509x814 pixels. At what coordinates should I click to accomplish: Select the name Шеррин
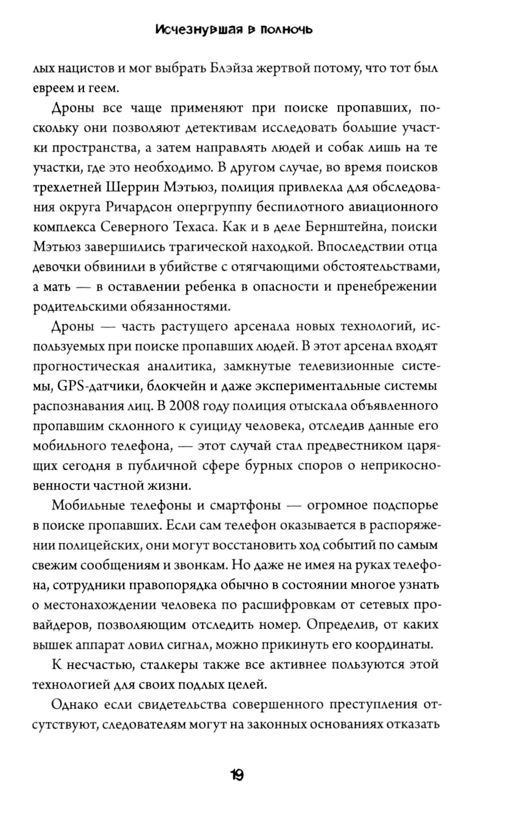click(132, 187)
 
